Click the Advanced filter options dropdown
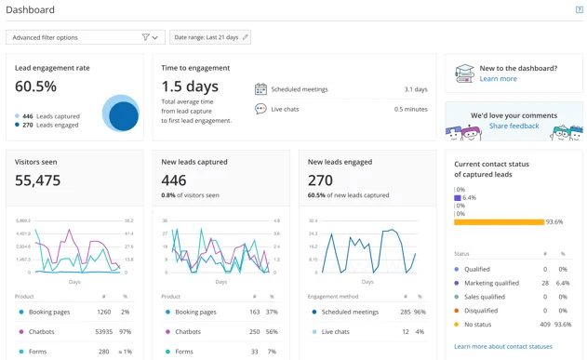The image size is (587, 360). coord(85,37)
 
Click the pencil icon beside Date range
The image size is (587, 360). coord(246,37)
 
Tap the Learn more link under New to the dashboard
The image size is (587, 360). coord(498,79)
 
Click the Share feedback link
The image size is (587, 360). coord(514,126)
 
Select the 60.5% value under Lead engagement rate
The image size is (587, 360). coord(35,87)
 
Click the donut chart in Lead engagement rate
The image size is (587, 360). coord(121,114)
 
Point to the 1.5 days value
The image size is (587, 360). coord(190,87)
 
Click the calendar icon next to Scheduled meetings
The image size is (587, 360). coord(260,89)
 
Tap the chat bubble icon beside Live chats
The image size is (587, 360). coord(260,109)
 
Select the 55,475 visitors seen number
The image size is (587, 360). coord(38,180)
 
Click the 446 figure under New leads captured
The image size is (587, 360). coord(174,180)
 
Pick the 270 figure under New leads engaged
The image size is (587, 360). coord(320,180)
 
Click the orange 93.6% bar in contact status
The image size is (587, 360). coord(499,222)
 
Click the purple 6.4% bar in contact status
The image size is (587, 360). coord(457,198)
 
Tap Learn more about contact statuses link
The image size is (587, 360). coord(502,346)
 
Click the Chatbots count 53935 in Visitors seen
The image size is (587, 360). coord(102,331)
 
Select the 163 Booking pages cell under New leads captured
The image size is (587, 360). coord(255,313)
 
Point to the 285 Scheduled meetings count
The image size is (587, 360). coord(405,313)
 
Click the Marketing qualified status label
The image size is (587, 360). coord(492,283)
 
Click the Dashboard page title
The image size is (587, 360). coord(31,10)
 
